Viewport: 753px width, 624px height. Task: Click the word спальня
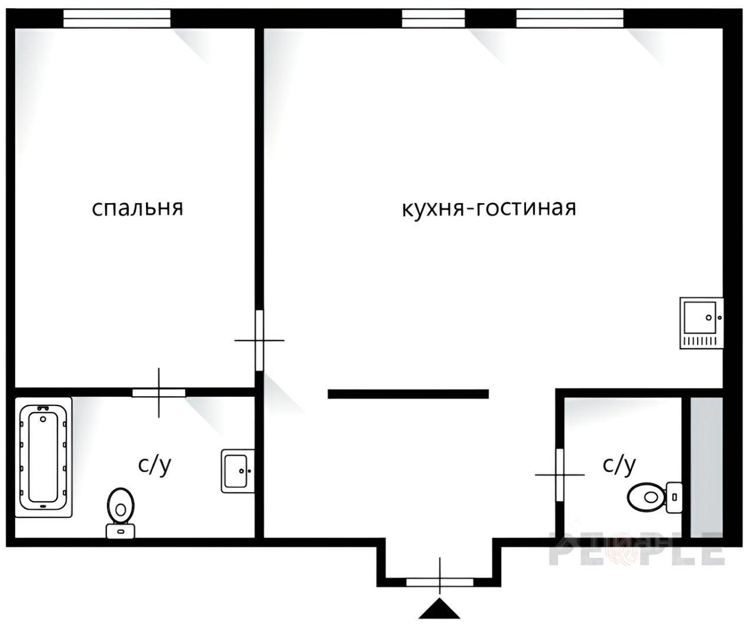(x=138, y=208)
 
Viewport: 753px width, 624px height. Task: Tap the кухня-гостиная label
(x=489, y=208)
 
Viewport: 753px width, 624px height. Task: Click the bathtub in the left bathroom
(x=44, y=457)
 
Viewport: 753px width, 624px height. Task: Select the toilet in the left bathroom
(x=121, y=513)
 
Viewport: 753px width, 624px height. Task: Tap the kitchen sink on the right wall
(x=701, y=323)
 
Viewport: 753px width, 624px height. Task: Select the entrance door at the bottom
(x=439, y=582)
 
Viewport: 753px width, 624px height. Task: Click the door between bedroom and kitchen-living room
(x=259, y=340)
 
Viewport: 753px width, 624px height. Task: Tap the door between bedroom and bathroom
(x=159, y=393)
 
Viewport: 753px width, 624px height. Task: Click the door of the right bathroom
(x=559, y=474)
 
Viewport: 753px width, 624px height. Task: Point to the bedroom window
(x=117, y=18)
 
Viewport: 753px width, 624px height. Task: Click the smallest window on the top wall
(x=434, y=18)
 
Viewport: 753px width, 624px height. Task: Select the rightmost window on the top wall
(x=570, y=18)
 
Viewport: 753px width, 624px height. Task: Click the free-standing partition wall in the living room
(x=408, y=394)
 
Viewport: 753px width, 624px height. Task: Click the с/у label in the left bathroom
(x=154, y=465)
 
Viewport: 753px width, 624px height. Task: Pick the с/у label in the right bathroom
(x=619, y=465)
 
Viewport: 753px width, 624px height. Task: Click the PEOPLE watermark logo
(x=637, y=553)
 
